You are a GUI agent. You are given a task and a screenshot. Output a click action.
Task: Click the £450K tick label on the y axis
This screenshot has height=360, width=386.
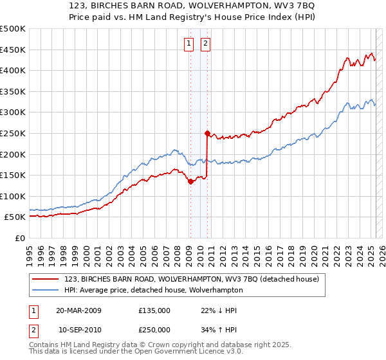[13, 50]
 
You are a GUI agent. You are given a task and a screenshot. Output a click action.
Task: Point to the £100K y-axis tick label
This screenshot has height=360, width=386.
[13, 196]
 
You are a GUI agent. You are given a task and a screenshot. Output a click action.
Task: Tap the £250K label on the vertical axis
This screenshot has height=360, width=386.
[13, 133]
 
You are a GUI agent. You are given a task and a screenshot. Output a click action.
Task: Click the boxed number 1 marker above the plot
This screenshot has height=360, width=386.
[189, 44]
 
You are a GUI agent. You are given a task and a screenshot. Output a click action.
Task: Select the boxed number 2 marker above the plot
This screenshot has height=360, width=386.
[205, 44]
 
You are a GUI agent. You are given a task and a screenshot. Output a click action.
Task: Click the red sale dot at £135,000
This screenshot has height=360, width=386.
[190, 181]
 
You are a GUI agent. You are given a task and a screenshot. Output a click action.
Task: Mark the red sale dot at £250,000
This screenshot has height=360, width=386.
[207, 134]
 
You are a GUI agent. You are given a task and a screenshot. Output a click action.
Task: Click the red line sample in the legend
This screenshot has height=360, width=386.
[46, 279]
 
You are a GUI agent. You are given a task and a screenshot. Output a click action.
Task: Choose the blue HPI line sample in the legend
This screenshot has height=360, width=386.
[46, 290]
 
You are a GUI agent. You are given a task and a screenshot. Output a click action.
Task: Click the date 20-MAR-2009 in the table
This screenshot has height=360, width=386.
[78, 310]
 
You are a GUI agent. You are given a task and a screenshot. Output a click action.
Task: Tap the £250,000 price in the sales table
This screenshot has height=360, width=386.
[154, 330]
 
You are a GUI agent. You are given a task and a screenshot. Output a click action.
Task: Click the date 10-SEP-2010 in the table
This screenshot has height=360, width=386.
[78, 330]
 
